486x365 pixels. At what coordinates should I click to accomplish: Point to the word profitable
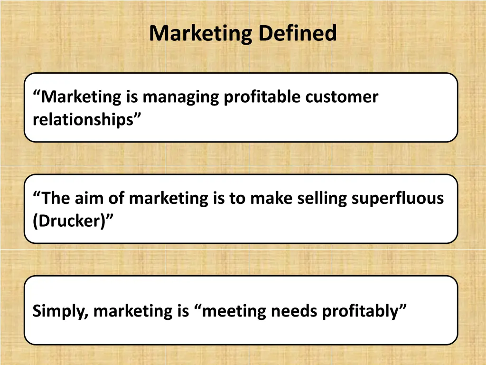262,97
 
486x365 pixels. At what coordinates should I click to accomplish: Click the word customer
342,97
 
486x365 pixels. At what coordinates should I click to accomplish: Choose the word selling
322,198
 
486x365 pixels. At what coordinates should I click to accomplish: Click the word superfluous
398,198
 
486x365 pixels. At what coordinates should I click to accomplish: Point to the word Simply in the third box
59,312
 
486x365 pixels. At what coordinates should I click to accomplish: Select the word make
271,198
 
